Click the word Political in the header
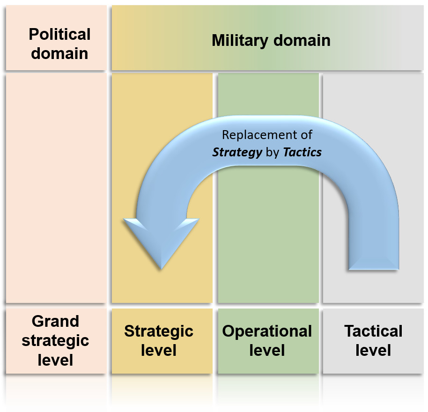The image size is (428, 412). tap(59, 34)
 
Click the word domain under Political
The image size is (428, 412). tap(59, 53)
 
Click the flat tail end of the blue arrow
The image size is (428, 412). tap(373, 269)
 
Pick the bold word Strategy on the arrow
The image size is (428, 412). tap(237, 153)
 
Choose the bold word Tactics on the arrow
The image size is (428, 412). tap(303, 153)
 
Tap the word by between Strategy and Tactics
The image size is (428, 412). tap(273, 153)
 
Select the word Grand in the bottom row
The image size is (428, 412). tap(55, 321)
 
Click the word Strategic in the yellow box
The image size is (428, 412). tap(159, 331)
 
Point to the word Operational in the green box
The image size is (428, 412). tap(267, 331)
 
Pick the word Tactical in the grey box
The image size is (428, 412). tap(373, 331)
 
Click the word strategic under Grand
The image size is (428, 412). tap(55, 340)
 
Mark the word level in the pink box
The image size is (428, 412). tap(55, 360)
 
